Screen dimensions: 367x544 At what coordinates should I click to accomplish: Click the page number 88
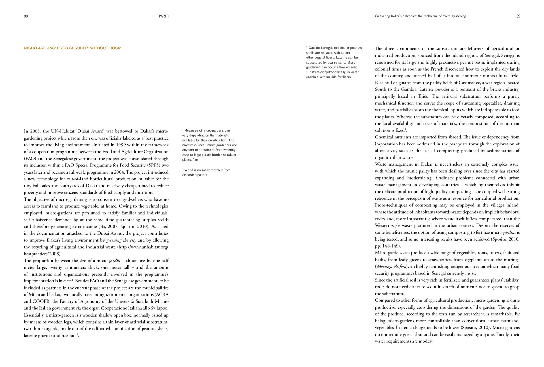click(26, 16)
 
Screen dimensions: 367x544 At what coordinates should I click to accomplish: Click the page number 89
click(518, 16)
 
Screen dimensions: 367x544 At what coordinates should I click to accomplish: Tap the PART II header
click(164, 16)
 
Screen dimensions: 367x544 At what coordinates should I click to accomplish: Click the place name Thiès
click(423, 96)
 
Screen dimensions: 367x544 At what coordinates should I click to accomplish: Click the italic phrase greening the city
click(121, 240)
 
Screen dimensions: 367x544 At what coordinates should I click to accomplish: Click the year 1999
click(122, 145)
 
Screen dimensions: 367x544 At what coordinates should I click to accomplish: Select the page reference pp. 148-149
click(387, 246)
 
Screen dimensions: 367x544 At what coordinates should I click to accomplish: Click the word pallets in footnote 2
click(203, 175)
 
